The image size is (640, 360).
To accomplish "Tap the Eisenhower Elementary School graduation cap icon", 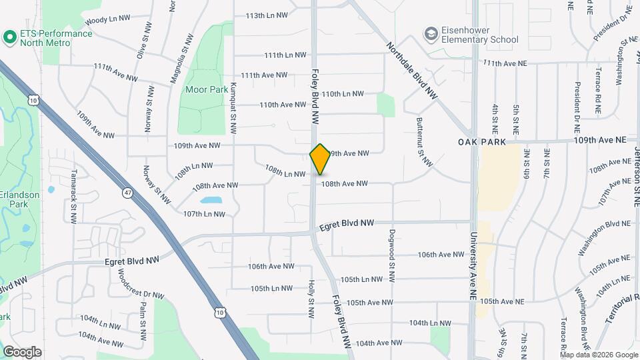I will [x=431, y=33].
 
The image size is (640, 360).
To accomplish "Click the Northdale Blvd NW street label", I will [x=412, y=71].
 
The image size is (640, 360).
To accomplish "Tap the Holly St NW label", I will [x=311, y=298].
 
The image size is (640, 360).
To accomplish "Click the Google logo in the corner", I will [x=22, y=351].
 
